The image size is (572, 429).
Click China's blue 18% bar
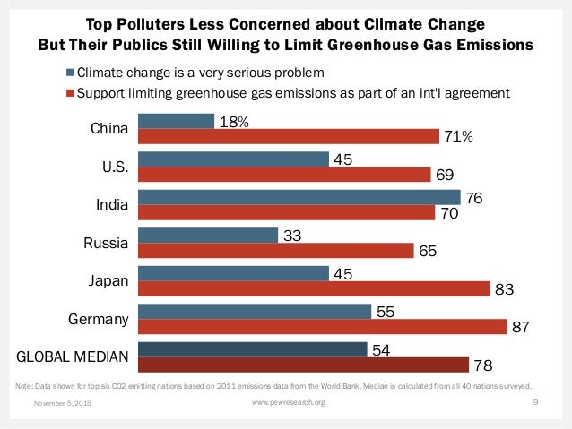click(x=176, y=121)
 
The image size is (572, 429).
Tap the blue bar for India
click(x=299, y=197)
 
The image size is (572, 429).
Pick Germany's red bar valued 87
click(x=323, y=327)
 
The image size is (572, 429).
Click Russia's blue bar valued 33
click(x=207, y=236)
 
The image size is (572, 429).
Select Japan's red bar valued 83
click(x=314, y=288)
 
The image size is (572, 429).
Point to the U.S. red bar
click(x=283, y=175)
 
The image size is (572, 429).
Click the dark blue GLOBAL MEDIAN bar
click(x=252, y=349)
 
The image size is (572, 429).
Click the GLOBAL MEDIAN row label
click(x=74, y=357)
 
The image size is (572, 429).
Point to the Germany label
click(x=99, y=319)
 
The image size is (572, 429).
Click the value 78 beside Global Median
click(x=483, y=366)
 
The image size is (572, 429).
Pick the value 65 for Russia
click(x=428, y=252)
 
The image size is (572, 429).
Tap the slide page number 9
click(x=534, y=404)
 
